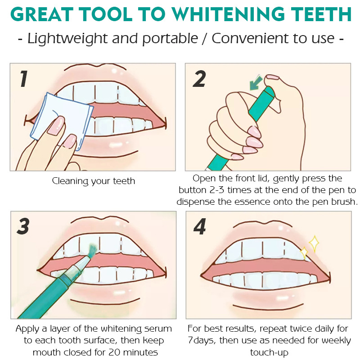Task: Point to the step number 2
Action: (199, 78)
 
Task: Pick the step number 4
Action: (199, 226)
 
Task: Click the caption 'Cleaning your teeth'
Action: (93, 181)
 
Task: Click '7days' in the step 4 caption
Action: (202, 341)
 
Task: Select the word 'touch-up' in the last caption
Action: (269, 352)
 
